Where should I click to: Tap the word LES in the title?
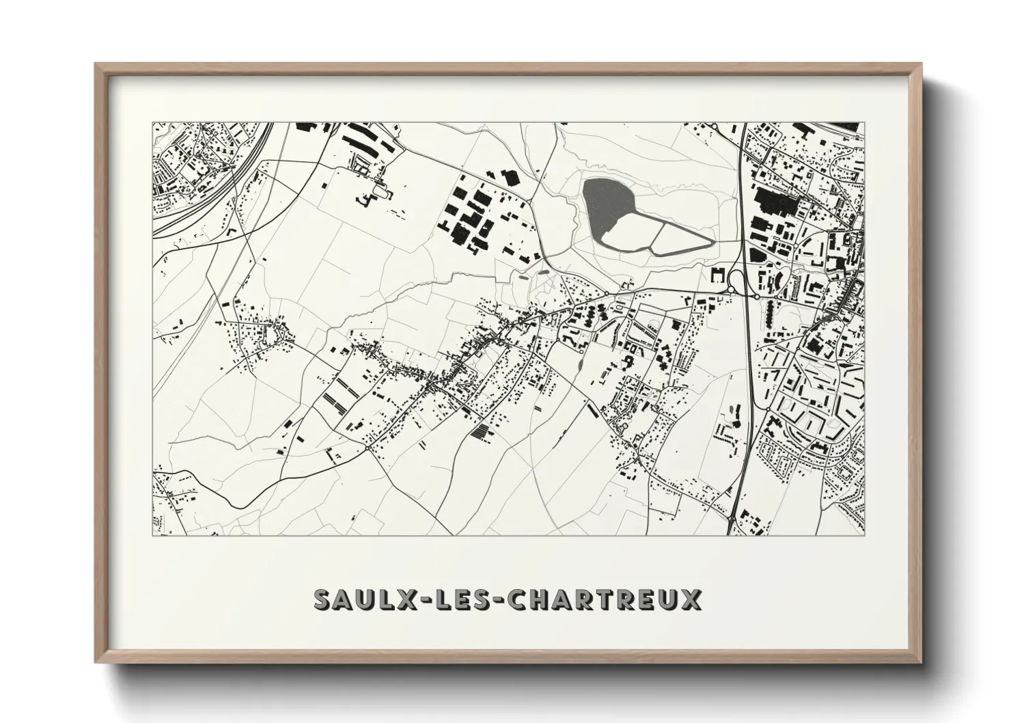tap(445, 599)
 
